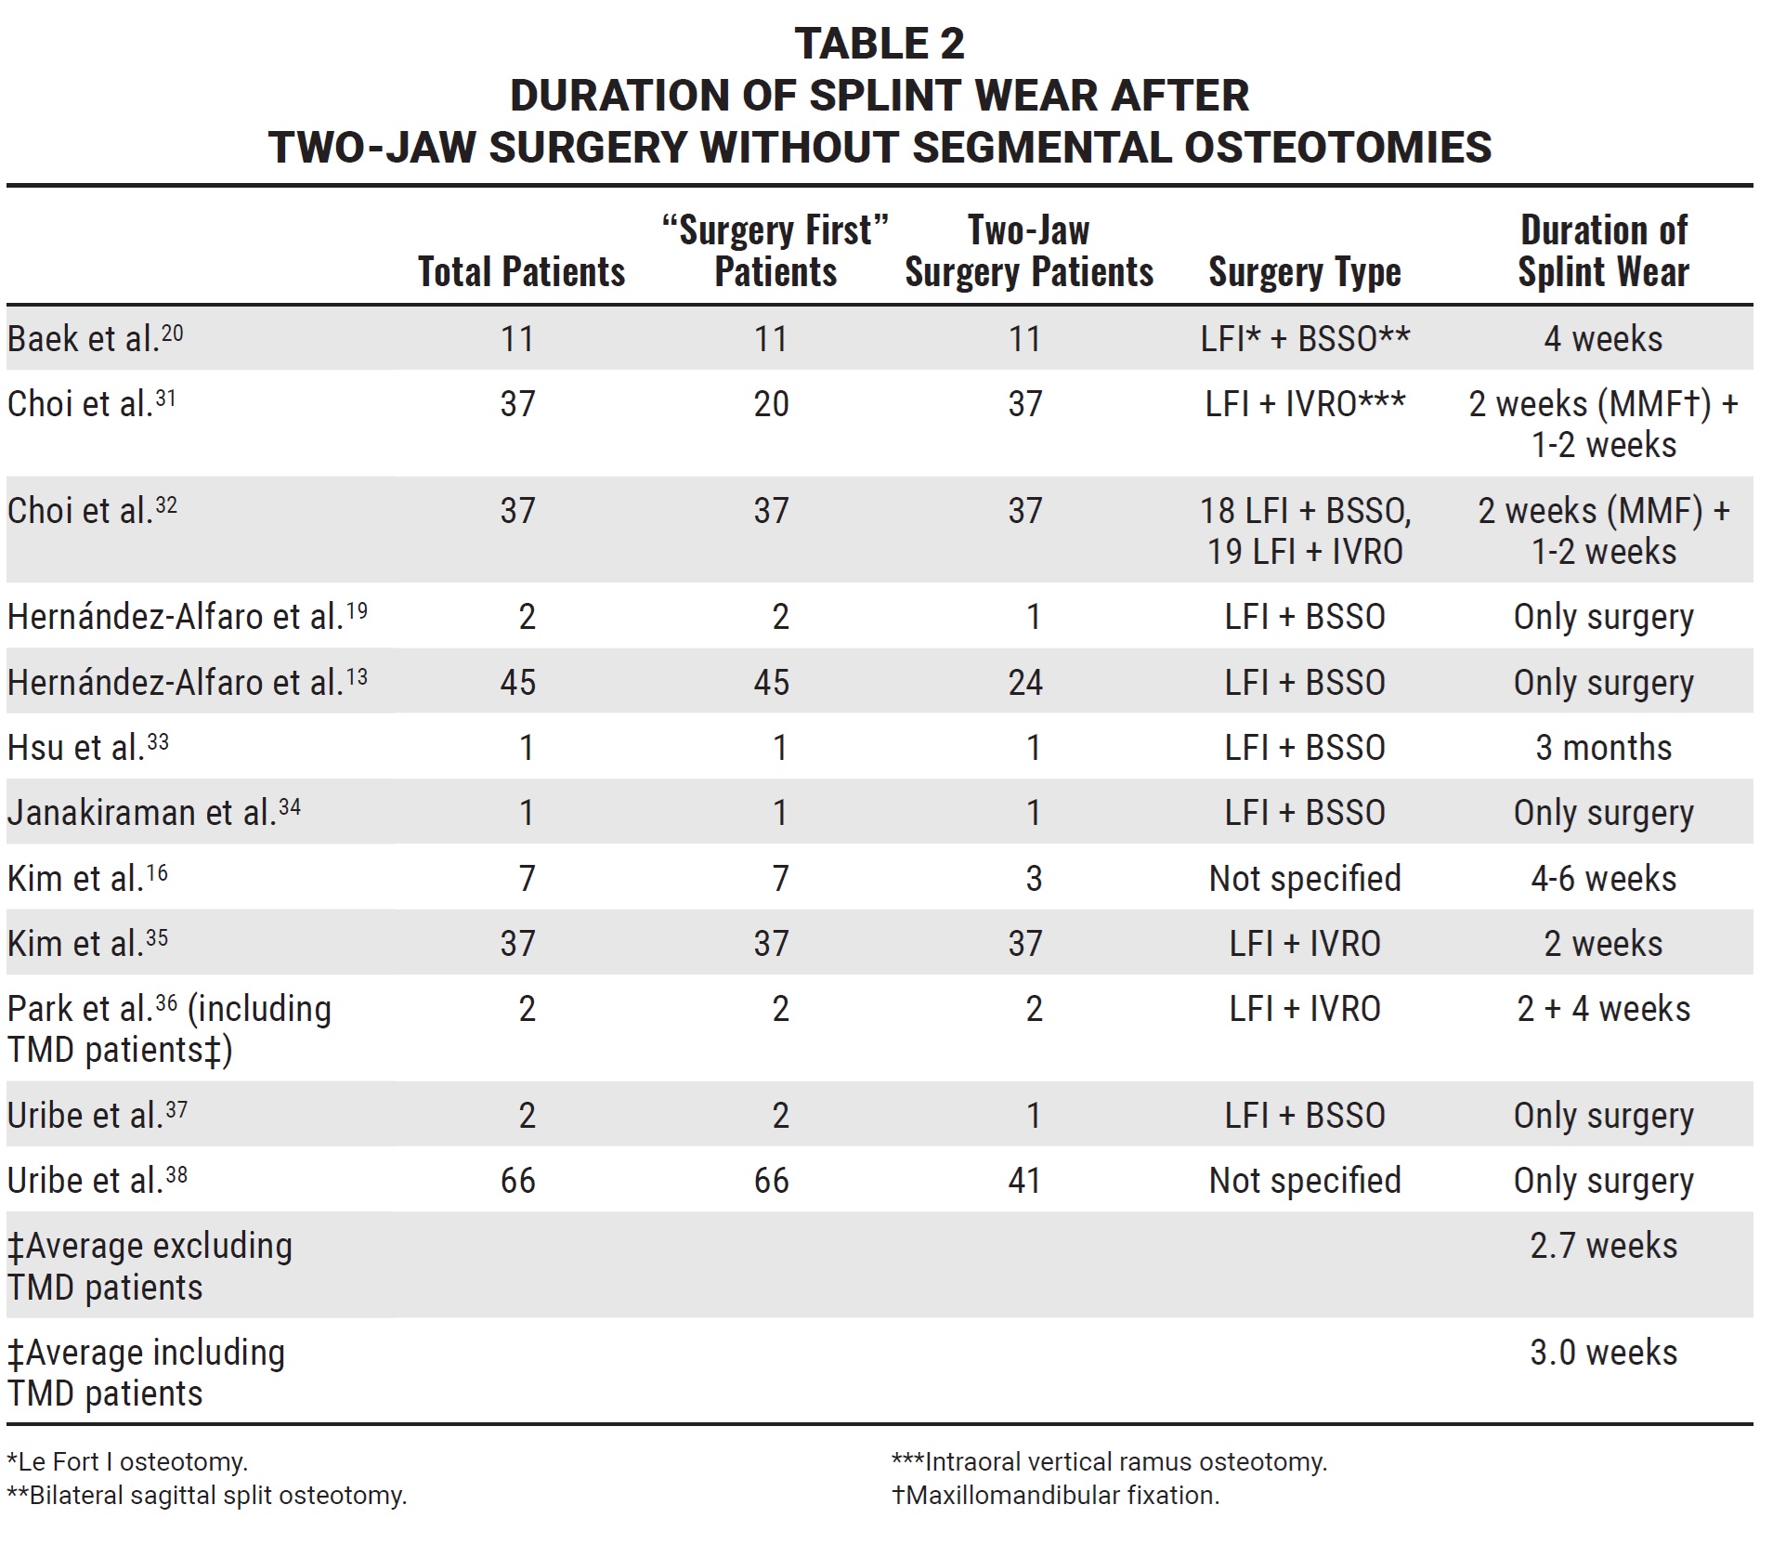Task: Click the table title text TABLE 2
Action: [x=879, y=44]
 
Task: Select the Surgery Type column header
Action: [x=1304, y=272]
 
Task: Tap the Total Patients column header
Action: [x=521, y=272]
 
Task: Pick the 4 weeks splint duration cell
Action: [x=1603, y=339]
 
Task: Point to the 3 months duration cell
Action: [x=1603, y=748]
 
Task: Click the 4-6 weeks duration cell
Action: [x=1603, y=879]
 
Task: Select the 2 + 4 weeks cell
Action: [x=1603, y=1009]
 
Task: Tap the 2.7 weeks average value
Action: [x=1603, y=1246]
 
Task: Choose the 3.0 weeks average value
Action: [x=1603, y=1353]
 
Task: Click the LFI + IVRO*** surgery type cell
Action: [x=1304, y=404]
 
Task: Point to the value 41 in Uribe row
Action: [x=1025, y=1181]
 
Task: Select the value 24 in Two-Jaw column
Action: [x=1025, y=683]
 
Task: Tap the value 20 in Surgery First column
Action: [x=771, y=404]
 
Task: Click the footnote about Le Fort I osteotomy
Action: [x=127, y=1462]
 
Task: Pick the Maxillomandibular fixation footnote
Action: [x=1055, y=1496]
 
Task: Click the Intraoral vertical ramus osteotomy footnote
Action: [x=1109, y=1462]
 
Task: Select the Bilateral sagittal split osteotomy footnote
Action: [x=207, y=1496]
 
